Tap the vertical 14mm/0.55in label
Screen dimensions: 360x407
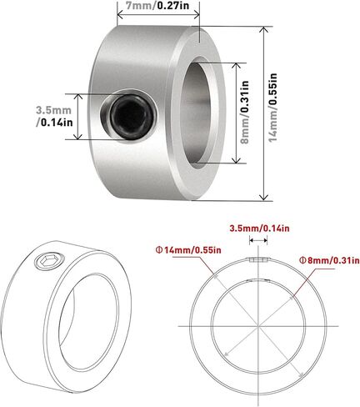click(273, 108)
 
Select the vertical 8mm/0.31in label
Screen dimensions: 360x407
click(244, 112)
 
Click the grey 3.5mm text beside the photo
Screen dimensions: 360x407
click(53, 110)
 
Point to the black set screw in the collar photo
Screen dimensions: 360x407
click(132, 117)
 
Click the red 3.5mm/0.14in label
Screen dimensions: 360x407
click(259, 229)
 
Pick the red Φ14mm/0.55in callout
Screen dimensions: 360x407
click(189, 250)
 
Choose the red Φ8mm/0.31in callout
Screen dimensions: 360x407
click(329, 260)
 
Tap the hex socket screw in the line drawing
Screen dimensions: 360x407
click(49, 261)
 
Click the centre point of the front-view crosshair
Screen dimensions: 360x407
click(258, 326)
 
